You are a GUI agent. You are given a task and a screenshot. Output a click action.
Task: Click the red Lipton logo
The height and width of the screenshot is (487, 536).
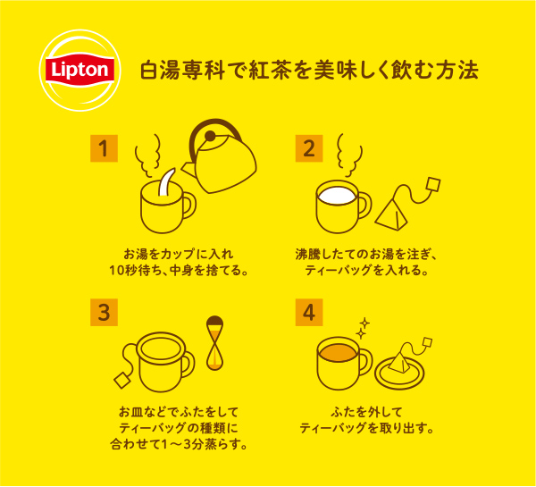[80, 70]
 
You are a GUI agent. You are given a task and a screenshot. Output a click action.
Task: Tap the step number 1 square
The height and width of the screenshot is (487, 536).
[104, 148]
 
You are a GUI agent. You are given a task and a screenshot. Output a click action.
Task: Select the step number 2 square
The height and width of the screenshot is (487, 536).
[309, 148]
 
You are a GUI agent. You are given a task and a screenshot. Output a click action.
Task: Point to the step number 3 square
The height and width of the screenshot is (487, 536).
[104, 312]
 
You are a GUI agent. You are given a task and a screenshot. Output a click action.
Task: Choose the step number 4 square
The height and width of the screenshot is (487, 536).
[309, 312]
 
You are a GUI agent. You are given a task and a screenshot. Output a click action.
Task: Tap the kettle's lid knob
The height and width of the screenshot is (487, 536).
[210, 136]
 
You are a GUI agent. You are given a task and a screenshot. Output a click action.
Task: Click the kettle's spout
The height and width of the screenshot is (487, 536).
[188, 169]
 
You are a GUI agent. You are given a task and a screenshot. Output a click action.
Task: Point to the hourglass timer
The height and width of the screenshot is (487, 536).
[214, 343]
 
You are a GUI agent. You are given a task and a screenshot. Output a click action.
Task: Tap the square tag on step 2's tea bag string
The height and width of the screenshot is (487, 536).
[433, 185]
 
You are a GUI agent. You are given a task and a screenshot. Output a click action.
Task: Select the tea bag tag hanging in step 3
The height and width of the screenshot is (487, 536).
[122, 381]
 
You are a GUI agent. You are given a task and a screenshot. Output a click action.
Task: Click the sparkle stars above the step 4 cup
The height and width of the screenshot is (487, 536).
[363, 328]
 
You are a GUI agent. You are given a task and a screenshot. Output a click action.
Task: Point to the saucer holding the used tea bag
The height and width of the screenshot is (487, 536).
[399, 373]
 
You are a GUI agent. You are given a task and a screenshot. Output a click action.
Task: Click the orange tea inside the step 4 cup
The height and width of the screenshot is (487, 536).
[337, 353]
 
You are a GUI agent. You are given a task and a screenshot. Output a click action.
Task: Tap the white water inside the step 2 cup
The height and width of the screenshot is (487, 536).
[337, 196]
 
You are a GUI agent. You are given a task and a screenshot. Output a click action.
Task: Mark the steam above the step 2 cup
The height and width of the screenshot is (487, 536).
[349, 155]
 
